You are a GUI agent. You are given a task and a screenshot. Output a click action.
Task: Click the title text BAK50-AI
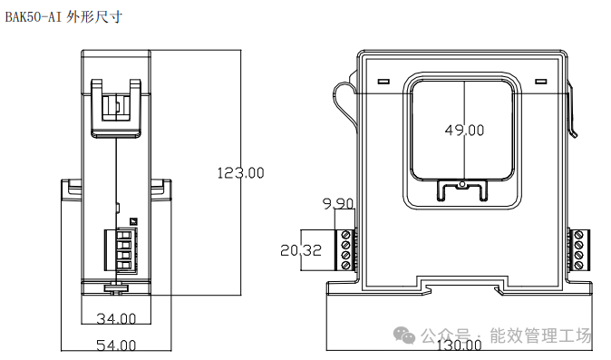click(x=34, y=17)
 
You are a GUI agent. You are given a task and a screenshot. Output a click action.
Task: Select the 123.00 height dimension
click(x=240, y=172)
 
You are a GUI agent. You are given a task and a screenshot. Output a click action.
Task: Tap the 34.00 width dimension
click(x=116, y=318)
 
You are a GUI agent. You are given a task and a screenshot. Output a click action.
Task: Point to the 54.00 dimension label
click(x=116, y=345)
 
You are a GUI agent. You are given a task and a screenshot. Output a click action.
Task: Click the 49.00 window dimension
click(x=464, y=130)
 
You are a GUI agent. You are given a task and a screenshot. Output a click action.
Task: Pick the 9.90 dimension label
click(x=338, y=203)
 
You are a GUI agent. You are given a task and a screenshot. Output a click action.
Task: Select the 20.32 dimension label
click(x=301, y=250)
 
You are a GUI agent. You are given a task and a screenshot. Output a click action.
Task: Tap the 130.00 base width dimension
click(x=459, y=345)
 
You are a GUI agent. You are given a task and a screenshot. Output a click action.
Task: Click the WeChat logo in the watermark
click(x=404, y=336)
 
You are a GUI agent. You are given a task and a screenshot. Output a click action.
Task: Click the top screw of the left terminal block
click(x=345, y=235)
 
